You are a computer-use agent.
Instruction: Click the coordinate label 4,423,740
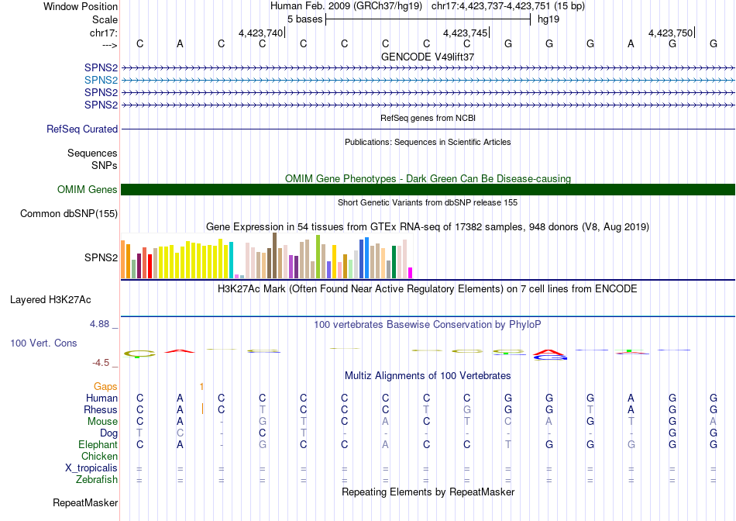click(x=260, y=33)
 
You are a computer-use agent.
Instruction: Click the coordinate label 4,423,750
click(x=670, y=33)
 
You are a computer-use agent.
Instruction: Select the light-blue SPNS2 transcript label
click(x=101, y=80)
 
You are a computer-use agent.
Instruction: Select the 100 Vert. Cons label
click(x=43, y=343)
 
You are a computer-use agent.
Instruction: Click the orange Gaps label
click(x=105, y=386)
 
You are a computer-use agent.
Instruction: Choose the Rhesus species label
click(x=101, y=410)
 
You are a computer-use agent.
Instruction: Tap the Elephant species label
click(x=98, y=445)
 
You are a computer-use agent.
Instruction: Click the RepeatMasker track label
click(x=85, y=503)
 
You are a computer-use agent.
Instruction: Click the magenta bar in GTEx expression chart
click(x=411, y=272)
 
